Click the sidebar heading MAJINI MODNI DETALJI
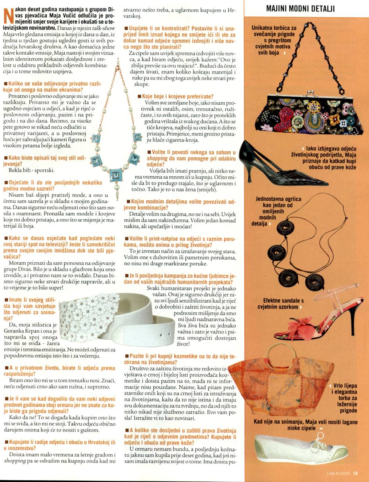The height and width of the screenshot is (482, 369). [300, 9]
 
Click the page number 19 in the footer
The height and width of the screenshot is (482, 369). [355, 473]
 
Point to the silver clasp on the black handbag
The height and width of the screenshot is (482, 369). [309, 93]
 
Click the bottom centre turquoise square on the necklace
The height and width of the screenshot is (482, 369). [116, 175]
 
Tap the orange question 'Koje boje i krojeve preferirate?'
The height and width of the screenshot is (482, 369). [178, 97]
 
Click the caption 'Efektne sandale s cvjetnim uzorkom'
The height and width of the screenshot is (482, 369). [280, 304]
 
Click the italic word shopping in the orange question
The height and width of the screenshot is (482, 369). [157, 158]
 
